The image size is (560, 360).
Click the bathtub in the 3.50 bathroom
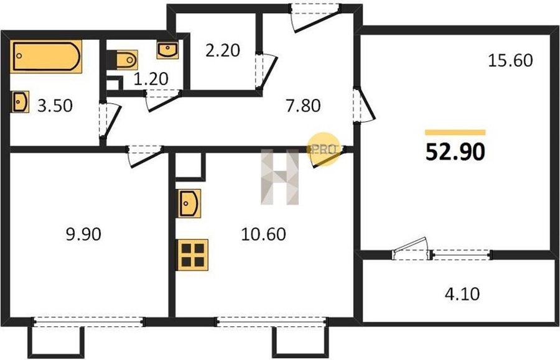[x=45, y=57]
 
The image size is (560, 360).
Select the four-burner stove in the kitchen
[x=192, y=255]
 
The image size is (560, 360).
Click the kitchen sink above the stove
[x=189, y=203]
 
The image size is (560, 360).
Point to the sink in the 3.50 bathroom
[x=20, y=102]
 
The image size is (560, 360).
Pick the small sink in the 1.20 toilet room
[x=167, y=50]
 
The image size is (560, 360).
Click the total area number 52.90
[x=455, y=152]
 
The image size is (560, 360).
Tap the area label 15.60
[x=510, y=60]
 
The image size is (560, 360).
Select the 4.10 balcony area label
[x=462, y=294]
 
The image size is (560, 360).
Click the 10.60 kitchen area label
[x=264, y=234]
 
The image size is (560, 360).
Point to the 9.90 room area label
[x=83, y=234]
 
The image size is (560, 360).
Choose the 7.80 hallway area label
[x=303, y=106]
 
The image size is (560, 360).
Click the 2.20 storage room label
[x=223, y=50]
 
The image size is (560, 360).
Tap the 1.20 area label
[x=151, y=79]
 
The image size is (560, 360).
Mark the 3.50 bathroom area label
[x=55, y=106]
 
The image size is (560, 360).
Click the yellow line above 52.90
[x=455, y=132]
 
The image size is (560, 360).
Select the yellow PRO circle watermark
[x=324, y=149]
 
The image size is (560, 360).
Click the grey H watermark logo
[x=279, y=177]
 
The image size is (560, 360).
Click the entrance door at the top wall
[x=315, y=18]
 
